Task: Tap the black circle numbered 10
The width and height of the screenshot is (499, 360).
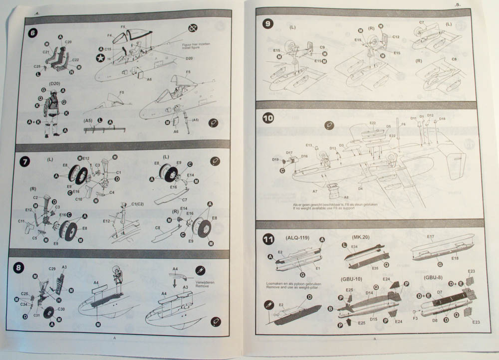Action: [x=268, y=118]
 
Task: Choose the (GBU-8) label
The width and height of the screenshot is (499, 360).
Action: [x=433, y=277]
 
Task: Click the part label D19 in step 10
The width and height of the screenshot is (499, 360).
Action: [x=275, y=160]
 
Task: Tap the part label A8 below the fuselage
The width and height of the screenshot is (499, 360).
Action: [x=346, y=197]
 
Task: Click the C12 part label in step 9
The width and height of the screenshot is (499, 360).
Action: [x=395, y=36]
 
